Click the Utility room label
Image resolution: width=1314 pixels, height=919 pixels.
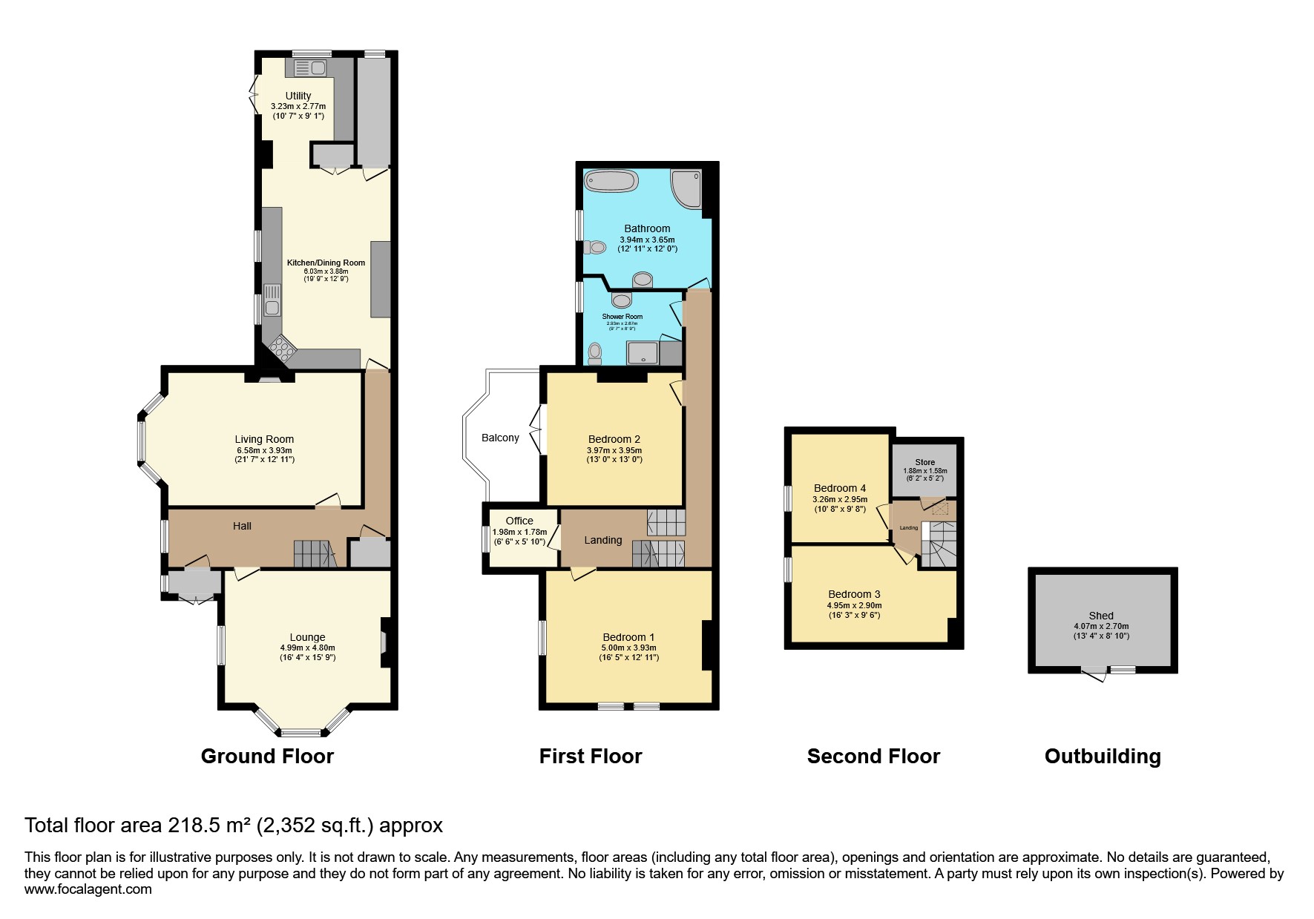[298, 96]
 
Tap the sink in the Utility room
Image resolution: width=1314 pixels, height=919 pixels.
[311, 68]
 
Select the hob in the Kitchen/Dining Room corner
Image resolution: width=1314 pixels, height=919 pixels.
[281, 348]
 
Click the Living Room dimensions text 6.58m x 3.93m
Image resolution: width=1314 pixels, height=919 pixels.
[264, 450]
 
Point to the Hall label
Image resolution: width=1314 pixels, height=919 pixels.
[242, 526]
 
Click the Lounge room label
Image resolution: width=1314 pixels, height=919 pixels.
[307, 637]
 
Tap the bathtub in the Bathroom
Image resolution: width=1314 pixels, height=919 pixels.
[611, 180]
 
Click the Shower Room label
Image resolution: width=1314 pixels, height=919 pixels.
[622, 317]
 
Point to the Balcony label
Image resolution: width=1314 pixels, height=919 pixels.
[500, 438]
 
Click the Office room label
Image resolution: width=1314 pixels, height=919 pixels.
[519, 521]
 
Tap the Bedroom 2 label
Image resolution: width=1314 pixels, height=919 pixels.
[614, 439]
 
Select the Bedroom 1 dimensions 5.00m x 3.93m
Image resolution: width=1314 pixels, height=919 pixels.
[628, 648]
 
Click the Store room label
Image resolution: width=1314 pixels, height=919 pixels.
[924, 462]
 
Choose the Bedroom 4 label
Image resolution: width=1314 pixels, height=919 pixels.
[839, 488]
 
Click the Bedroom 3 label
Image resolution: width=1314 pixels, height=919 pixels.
[854, 594]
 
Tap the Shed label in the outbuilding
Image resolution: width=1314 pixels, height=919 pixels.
[1101, 616]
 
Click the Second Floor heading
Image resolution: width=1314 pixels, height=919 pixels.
[873, 757]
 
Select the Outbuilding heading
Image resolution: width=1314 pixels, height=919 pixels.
[1103, 757]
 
